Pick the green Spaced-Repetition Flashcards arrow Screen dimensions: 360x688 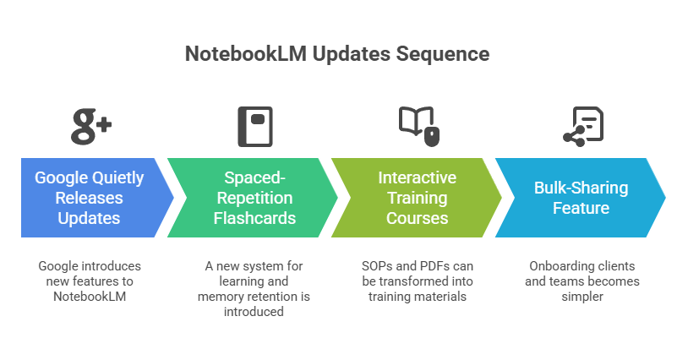253,197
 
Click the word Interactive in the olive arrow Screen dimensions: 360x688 417,178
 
